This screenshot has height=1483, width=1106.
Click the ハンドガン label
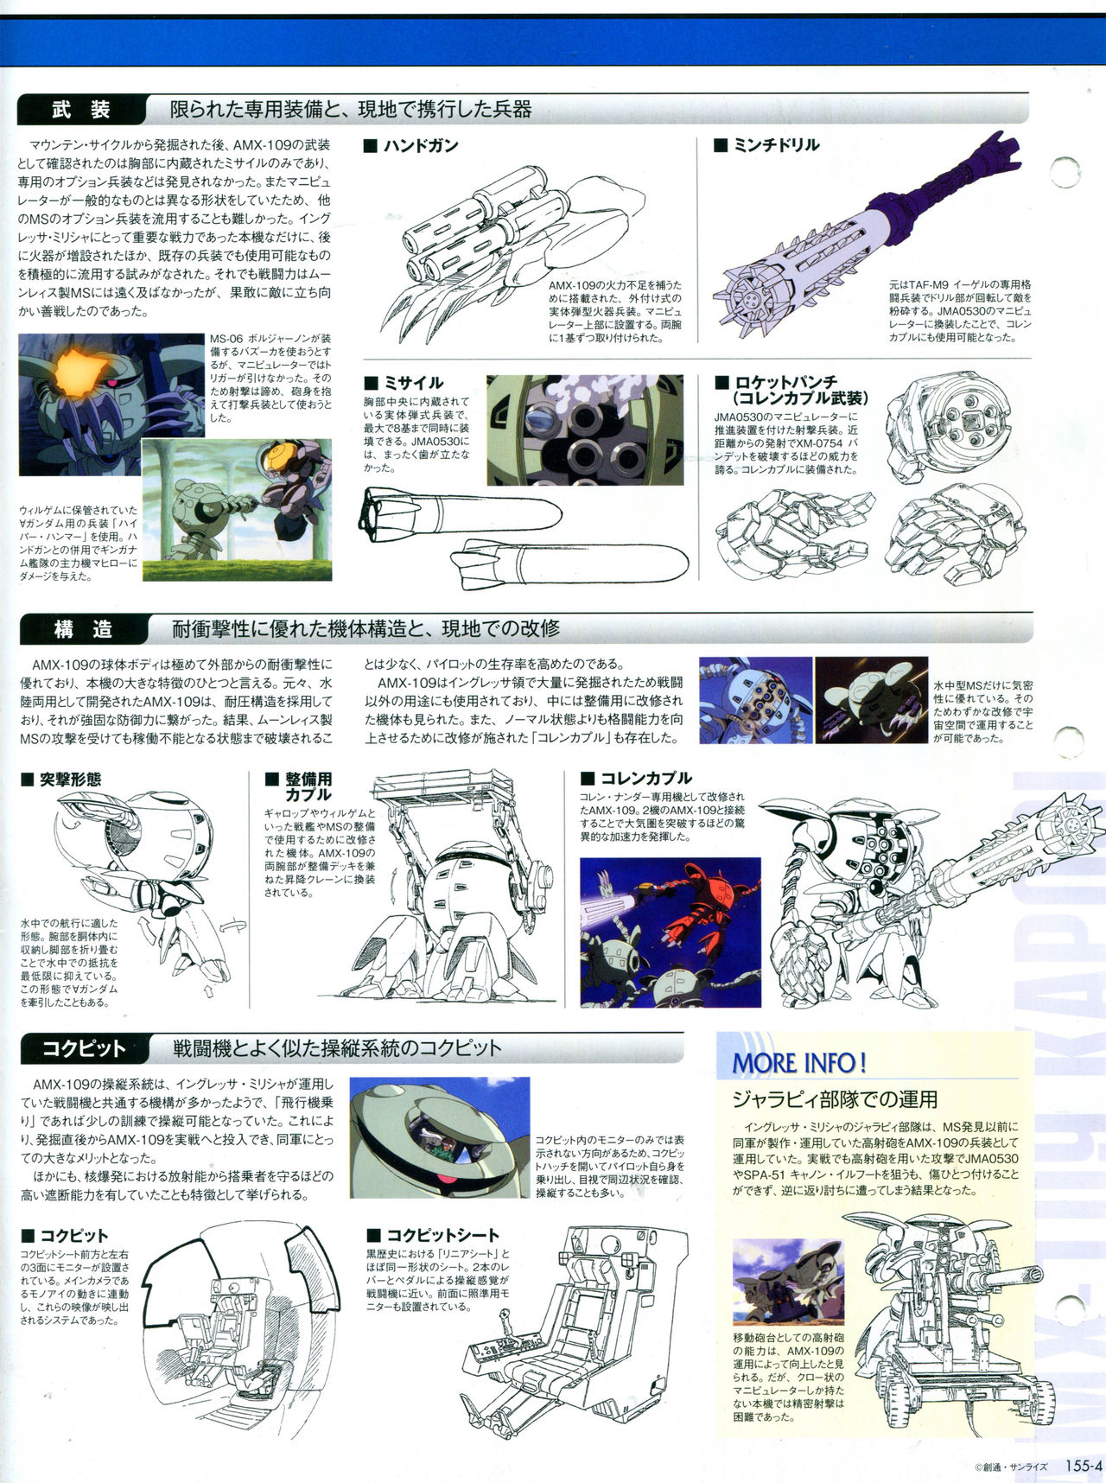click(411, 145)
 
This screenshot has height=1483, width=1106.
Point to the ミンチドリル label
click(767, 145)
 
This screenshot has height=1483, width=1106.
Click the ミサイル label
click(404, 382)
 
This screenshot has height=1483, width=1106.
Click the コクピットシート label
click(434, 1235)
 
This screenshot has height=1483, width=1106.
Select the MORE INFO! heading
click(799, 1062)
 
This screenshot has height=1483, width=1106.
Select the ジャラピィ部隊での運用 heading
click(835, 1099)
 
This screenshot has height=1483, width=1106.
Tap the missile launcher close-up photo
click(585, 430)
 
